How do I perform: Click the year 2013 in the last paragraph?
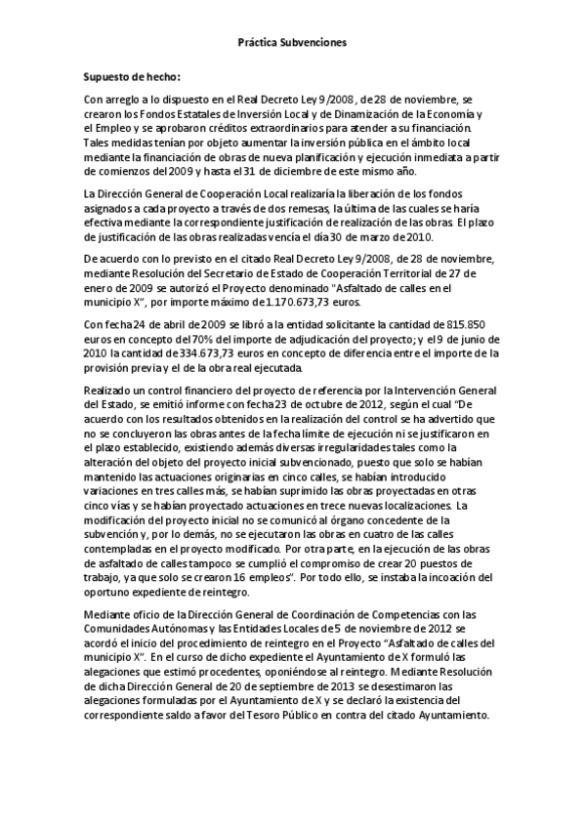point(307,687)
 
